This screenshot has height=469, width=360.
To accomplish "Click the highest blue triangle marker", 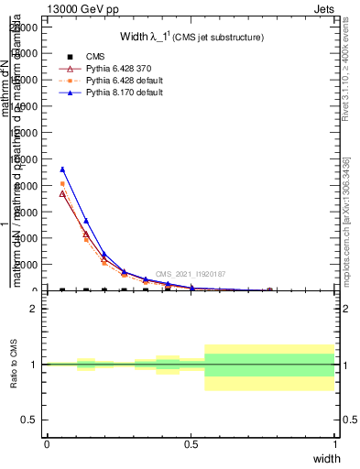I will tap(62, 169).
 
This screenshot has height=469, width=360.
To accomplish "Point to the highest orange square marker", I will tap(62, 184).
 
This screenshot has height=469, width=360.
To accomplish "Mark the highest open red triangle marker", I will tap(62, 193).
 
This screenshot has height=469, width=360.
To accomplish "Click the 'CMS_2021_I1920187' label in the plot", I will tap(190, 274).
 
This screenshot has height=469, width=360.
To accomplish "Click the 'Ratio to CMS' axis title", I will tap(15, 364).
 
